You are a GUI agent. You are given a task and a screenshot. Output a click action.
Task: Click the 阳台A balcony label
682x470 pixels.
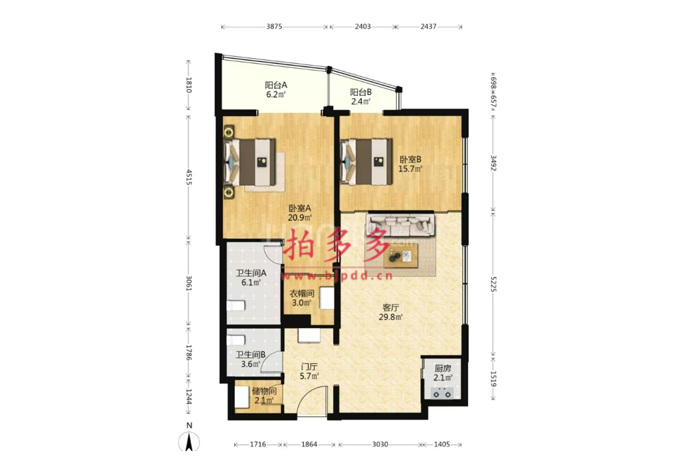click(276, 90)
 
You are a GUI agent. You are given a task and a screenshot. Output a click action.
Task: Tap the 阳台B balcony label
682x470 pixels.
click(361, 97)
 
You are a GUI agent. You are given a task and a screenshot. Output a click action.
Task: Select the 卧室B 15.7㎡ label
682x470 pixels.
click(410, 164)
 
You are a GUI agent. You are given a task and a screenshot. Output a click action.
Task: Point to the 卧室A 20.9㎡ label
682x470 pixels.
click(300, 213)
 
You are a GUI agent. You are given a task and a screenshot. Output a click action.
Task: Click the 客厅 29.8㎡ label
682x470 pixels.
click(390, 312)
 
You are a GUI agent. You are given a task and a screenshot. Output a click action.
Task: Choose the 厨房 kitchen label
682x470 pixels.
click(443, 373)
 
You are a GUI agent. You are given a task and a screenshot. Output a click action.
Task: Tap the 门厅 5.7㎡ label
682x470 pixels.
click(309, 372)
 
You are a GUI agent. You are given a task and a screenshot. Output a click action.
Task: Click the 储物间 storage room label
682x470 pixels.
click(264, 396)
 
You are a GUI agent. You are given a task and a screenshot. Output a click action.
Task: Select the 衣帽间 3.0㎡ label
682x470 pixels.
click(301, 298)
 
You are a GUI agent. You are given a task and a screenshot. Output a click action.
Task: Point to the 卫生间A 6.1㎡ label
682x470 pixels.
click(251, 278)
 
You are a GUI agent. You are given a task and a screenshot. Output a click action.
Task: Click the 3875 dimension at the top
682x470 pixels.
click(274, 27)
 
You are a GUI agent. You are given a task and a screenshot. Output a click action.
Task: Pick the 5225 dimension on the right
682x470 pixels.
click(493, 284)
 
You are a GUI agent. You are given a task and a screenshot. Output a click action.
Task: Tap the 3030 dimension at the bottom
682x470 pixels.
click(380, 445)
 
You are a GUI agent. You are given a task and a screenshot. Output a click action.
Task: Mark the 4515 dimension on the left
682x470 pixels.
click(189, 177)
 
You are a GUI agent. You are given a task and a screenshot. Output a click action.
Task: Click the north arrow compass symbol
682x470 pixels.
click(189, 442)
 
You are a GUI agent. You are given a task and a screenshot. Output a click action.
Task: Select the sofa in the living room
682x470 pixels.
click(400, 224)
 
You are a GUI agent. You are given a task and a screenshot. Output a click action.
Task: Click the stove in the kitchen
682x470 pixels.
click(442, 394)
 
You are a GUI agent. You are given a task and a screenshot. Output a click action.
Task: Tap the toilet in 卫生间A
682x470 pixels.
click(235, 305)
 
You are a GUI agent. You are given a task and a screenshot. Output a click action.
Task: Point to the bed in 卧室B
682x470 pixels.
click(366, 162)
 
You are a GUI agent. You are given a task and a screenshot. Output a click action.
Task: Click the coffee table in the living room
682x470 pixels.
click(400, 256)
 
